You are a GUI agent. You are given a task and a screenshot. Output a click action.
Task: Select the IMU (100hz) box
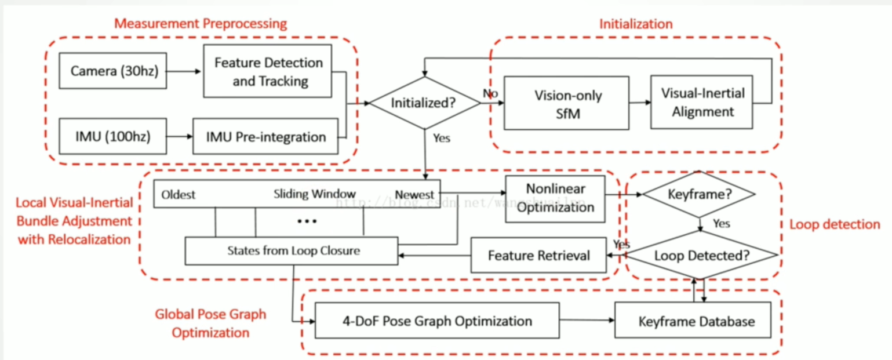coord(112,137)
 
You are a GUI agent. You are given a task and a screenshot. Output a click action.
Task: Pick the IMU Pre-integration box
coord(265,137)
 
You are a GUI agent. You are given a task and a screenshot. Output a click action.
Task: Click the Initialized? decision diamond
coord(425,103)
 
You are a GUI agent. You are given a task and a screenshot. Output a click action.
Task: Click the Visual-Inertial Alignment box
coord(702,102)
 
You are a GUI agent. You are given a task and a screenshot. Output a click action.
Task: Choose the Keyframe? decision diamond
coord(700,194)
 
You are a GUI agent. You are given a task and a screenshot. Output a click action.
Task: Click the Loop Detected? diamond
coord(701,255)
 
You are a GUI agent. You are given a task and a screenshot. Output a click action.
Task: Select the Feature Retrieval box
coord(538,255)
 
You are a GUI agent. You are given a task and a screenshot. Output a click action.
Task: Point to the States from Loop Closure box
coord(292,250)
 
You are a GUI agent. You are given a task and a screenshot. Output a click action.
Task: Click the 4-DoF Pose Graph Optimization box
coord(437,320)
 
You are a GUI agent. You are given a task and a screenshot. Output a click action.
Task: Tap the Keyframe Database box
coord(693,321)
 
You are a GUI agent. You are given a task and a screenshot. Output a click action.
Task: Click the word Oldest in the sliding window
coord(179,194)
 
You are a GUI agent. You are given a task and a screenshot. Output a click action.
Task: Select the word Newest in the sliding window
coord(414,194)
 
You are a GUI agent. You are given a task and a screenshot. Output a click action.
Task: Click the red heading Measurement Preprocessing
coord(201,24)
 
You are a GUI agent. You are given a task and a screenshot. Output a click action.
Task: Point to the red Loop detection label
coord(835,224)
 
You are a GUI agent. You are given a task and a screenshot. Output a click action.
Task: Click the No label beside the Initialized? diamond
coord(490,93)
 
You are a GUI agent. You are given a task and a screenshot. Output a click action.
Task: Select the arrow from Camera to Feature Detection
coord(184,71)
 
